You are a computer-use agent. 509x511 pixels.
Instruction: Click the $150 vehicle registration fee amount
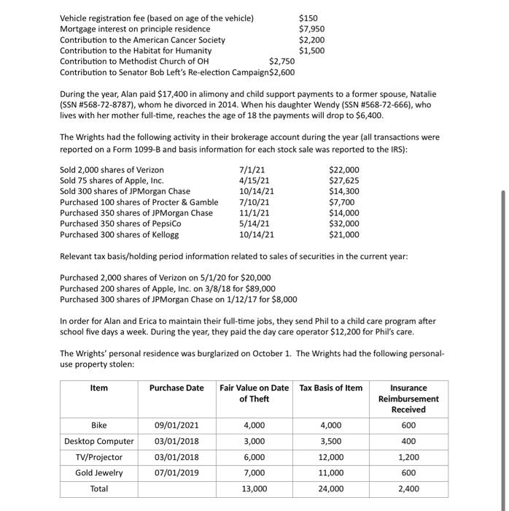coord(308,18)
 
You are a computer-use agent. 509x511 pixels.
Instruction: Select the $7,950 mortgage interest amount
coord(311,28)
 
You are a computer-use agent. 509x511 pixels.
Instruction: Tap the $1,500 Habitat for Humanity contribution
coord(311,50)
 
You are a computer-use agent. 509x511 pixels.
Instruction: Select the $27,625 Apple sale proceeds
coord(344,181)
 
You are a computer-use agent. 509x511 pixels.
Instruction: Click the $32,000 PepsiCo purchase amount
coord(344,224)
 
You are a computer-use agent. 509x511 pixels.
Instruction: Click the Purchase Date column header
coord(176,388)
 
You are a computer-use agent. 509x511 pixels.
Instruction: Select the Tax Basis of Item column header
coord(330,388)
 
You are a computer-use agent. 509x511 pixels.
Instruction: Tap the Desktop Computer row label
coord(99,441)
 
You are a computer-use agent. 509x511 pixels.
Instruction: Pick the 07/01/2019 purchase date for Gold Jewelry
coord(174,472)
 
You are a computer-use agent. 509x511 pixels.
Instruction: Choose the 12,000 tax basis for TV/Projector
coord(330,457)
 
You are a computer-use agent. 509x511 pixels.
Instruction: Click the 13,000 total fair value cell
coord(254,488)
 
